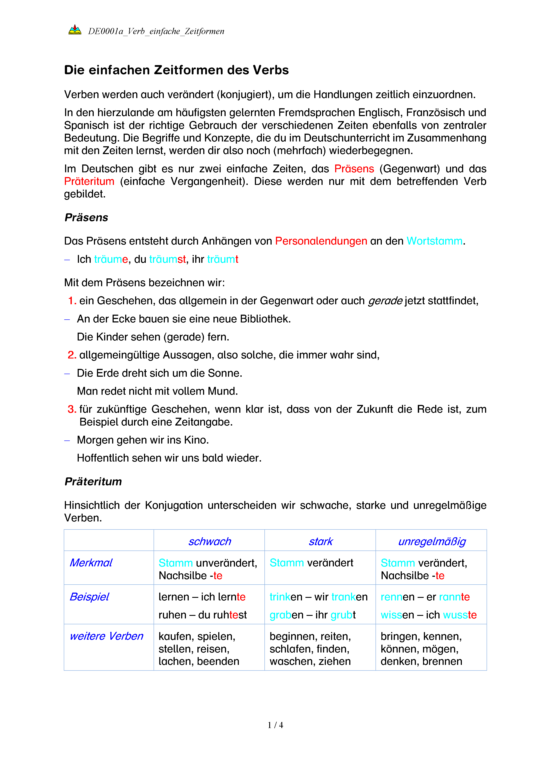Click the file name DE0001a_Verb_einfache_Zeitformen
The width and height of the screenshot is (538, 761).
[156, 31]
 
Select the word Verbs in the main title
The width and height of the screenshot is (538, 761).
[271, 70]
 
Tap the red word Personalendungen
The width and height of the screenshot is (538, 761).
[321, 241]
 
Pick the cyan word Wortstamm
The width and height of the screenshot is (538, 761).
[434, 241]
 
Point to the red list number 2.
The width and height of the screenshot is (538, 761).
[72, 355]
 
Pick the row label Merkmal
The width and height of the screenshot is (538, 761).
[91, 563]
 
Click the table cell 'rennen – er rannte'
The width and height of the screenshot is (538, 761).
[425, 597]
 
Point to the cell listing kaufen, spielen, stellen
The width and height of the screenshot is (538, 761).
[199, 649]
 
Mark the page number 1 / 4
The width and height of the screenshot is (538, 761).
[275, 725]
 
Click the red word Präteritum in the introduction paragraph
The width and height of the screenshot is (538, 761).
[89, 182]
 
